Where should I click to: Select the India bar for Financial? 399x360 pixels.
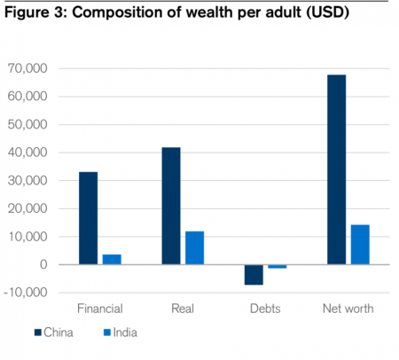111,259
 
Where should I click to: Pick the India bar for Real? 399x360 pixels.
194,247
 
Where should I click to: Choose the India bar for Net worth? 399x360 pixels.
359,244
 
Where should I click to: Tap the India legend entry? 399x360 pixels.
122,333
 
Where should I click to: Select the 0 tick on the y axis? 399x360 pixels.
42,264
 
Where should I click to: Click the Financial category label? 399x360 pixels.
99,309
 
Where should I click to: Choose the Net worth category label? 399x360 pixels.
348,309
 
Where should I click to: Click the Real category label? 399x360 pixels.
183,309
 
